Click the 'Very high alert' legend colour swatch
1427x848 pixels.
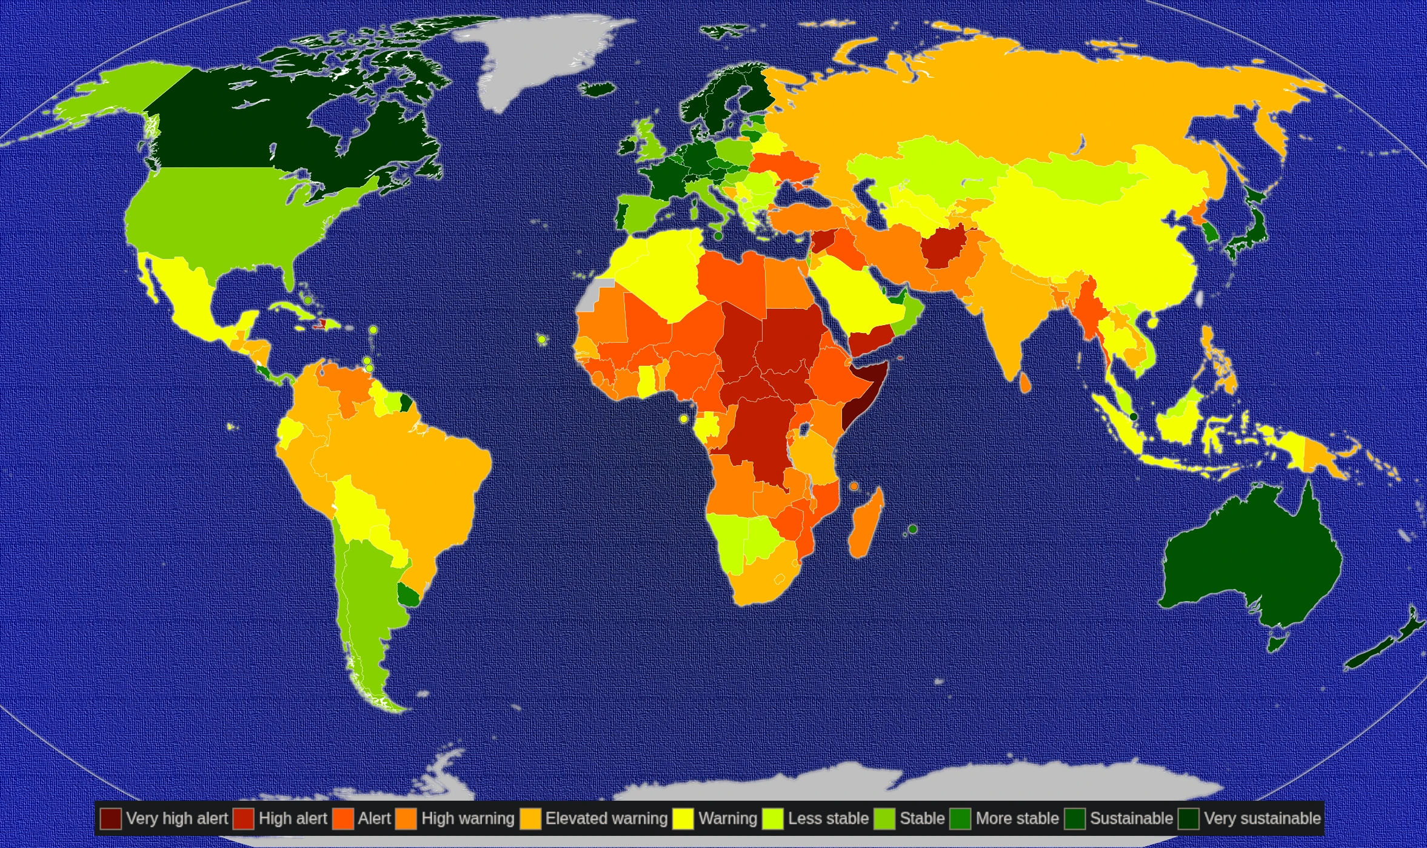coord(111,818)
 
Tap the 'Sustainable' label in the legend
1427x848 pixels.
coord(1131,818)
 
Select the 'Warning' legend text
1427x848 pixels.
coord(727,818)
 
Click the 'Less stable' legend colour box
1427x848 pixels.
coord(773,818)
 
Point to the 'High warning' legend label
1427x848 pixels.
coord(467,818)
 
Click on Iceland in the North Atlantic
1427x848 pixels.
coord(598,90)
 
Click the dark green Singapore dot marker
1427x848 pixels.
coord(1134,417)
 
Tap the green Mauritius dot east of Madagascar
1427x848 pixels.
coord(913,529)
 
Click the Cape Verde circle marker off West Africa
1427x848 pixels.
coord(542,339)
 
